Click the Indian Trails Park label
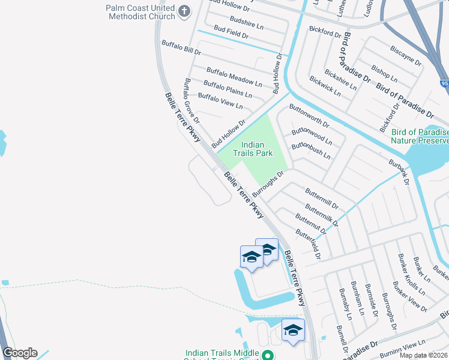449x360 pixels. coord(257,149)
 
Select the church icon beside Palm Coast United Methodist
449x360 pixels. coord(184,11)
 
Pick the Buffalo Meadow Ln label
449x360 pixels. coord(234,77)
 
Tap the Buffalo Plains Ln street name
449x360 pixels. coord(228,89)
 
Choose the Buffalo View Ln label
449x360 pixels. coord(220,101)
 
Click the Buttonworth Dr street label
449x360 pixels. coord(309,116)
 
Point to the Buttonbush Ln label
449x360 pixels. coord(310,151)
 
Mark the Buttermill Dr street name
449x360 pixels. coord(322,197)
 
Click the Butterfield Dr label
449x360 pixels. coord(310,241)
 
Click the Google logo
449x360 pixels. coord(20,352)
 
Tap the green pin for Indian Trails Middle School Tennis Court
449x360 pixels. coord(269,356)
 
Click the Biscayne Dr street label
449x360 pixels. coord(405,54)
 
